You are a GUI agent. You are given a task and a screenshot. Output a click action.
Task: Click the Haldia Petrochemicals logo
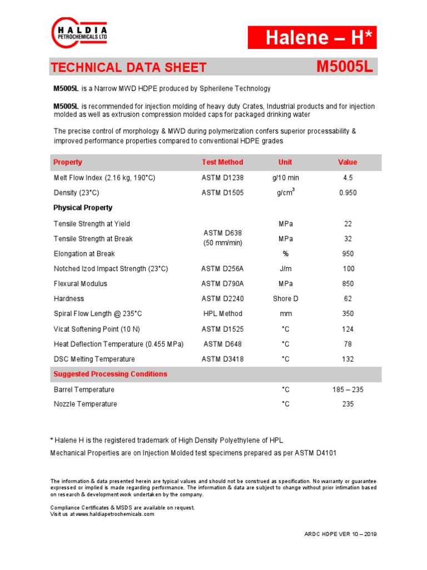click(79, 33)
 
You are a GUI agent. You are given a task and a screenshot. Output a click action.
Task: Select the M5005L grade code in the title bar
click(345, 67)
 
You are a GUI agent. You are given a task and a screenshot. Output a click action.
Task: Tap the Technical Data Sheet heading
click(128, 68)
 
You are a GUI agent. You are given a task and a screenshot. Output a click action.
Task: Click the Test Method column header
click(222, 162)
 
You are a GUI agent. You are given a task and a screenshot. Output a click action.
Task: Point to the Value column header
click(347, 162)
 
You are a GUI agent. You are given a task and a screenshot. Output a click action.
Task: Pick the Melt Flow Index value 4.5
click(348, 178)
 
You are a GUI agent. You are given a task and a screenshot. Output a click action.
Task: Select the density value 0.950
click(348, 193)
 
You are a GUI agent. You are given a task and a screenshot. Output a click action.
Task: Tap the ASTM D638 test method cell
click(222, 238)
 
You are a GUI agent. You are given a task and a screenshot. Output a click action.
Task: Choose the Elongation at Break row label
click(84, 254)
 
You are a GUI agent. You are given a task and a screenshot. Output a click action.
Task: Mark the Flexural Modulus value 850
click(348, 284)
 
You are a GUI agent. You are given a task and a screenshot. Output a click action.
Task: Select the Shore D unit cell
click(285, 299)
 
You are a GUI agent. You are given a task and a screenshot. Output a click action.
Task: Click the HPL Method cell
click(222, 314)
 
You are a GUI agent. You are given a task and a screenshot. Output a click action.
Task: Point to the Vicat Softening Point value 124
click(348, 329)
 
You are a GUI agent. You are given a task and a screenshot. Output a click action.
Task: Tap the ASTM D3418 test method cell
click(222, 359)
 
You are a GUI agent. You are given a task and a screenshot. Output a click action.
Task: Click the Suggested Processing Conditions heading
click(110, 374)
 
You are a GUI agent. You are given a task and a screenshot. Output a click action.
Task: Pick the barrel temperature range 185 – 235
click(348, 390)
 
